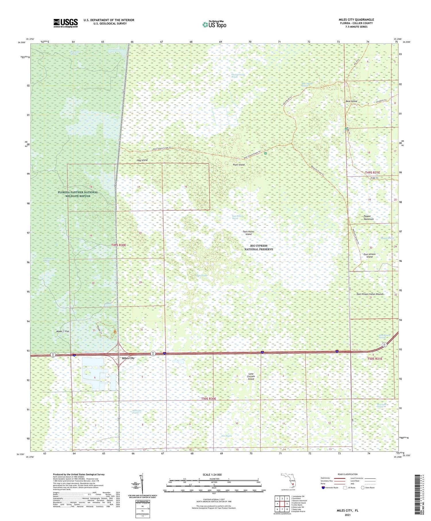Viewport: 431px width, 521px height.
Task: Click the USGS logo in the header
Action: point(66,23)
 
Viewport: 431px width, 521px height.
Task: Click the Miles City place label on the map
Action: point(128,358)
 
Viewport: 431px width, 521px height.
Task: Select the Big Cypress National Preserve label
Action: point(259,247)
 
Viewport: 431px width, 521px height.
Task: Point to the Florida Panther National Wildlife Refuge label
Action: point(78,194)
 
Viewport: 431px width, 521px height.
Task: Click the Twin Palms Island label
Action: point(249,233)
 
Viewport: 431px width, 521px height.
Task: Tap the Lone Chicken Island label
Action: point(251,376)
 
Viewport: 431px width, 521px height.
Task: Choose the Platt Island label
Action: point(239,165)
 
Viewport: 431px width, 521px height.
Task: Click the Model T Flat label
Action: point(63,331)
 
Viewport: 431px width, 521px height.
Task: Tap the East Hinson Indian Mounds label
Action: point(370,294)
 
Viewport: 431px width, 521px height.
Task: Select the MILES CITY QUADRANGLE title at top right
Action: point(356,20)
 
